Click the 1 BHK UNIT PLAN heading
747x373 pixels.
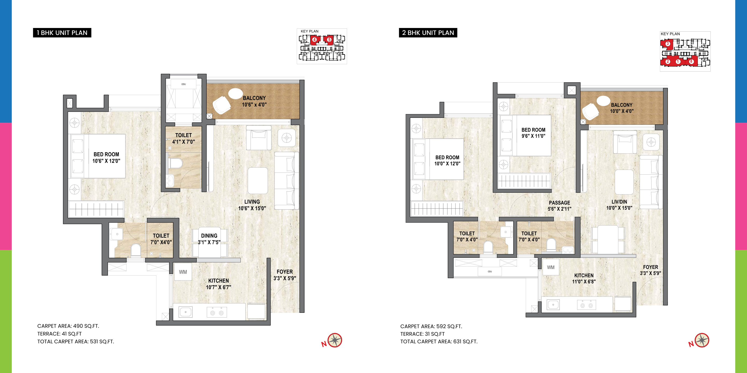coord(62,33)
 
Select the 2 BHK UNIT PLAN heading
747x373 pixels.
coord(428,33)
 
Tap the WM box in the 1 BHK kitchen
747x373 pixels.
coord(183,272)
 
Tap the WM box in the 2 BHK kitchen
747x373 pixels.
coord(551,267)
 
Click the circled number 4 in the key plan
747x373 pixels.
coord(314,39)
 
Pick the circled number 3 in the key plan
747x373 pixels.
coord(668,44)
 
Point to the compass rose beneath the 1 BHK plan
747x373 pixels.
coord(335,340)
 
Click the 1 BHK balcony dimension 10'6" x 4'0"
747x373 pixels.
coord(254,105)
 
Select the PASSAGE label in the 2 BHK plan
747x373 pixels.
coord(559,203)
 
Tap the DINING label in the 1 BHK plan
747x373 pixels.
coord(209,236)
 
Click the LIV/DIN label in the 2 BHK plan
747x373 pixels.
coord(619,202)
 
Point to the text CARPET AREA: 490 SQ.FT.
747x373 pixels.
coord(68,326)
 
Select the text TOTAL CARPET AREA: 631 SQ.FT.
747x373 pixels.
coord(439,341)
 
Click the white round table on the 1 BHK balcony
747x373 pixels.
coord(236,94)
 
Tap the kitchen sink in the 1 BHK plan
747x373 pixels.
coord(185,312)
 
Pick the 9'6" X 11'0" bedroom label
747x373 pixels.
coord(533,136)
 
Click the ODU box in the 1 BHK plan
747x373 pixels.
coord(184,84)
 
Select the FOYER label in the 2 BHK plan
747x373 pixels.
coord(651,267)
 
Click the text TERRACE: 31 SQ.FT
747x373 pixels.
coord(423,334)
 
